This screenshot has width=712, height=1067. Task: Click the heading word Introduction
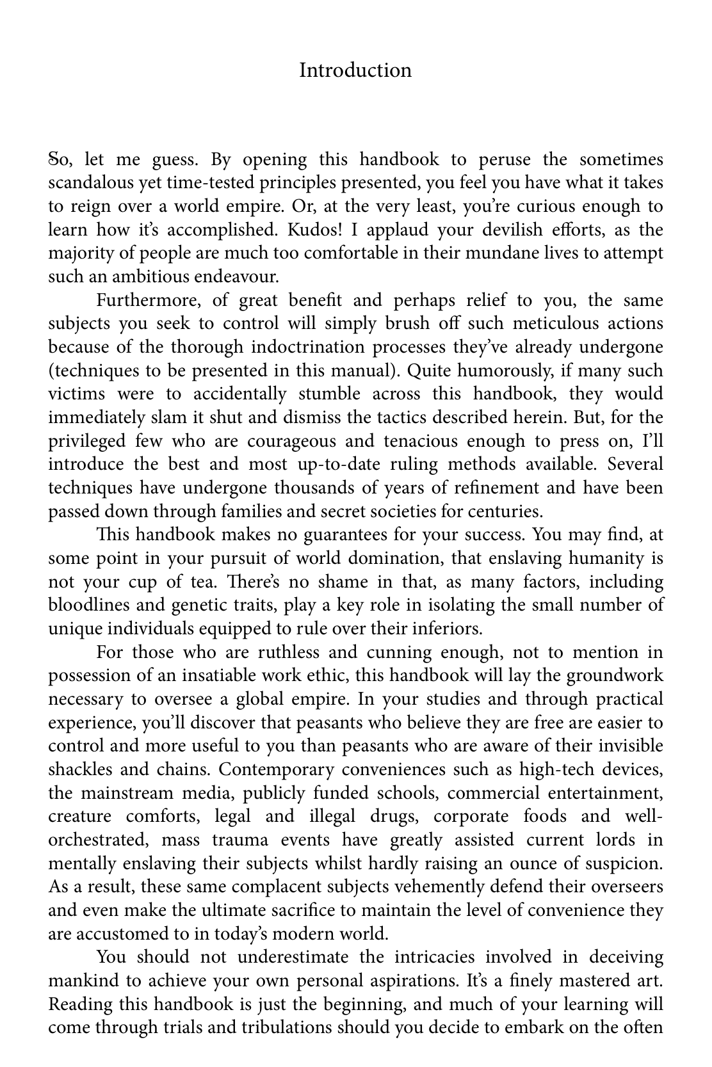click(355, 70)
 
